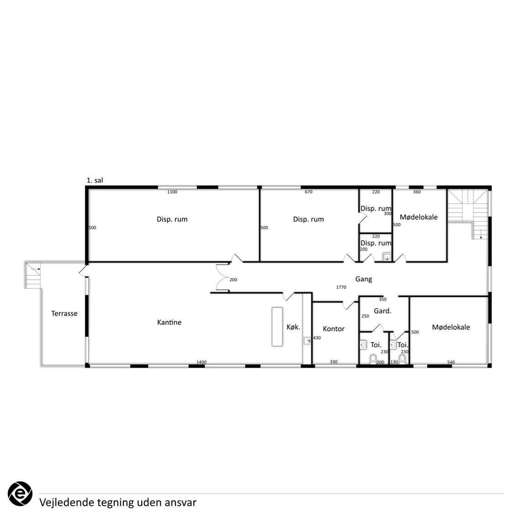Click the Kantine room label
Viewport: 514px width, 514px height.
169,322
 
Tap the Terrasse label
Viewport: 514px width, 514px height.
64,314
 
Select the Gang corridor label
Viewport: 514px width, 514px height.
363,279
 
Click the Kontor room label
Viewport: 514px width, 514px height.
334,329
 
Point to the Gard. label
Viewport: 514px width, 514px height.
383,311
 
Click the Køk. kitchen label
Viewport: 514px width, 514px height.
293,327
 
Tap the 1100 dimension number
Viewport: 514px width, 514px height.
172,192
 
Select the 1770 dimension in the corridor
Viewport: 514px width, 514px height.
341,287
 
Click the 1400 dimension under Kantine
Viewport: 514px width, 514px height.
202,362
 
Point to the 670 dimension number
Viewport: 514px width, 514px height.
309,192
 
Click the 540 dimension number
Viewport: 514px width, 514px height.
451,362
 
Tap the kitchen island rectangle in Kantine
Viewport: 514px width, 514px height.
277,327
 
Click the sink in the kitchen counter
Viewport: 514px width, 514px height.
307,341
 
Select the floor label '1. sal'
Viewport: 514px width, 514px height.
95,180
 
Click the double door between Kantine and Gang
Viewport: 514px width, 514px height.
223,277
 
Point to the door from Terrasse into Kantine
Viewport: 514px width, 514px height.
83,270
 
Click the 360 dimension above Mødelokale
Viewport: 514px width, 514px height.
417,192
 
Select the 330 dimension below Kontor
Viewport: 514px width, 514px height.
334,362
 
